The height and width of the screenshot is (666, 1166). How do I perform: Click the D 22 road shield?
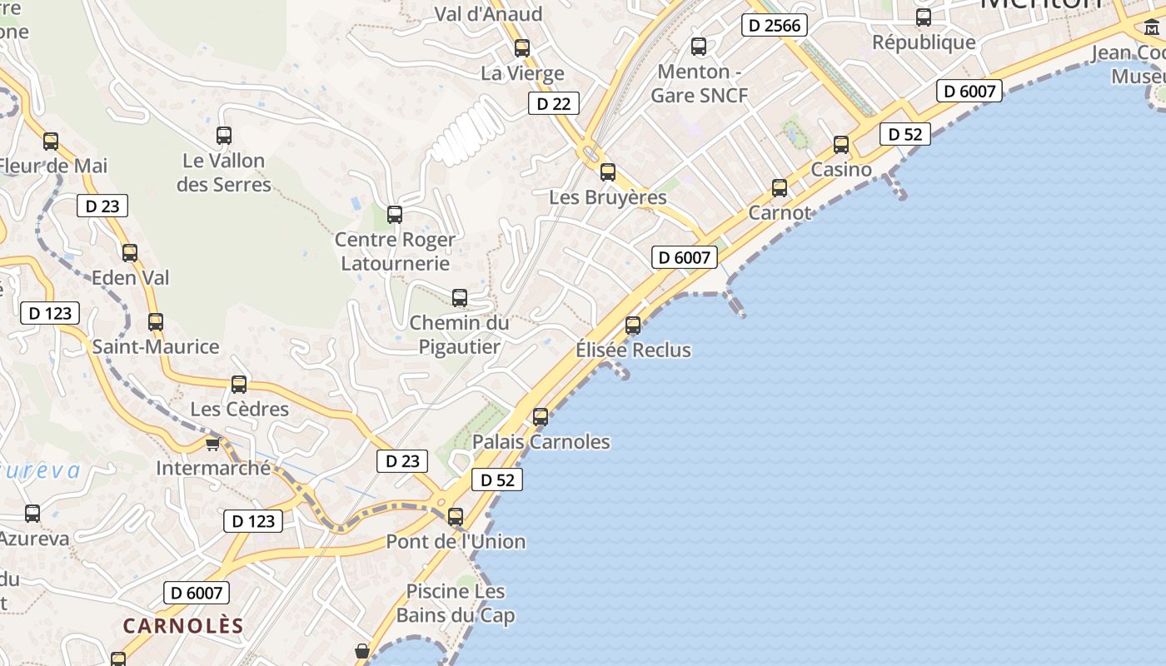click(554, 103)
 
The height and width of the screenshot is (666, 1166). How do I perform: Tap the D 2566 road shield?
click(775, 26)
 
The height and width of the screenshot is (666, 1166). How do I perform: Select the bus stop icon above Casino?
click(841, 144)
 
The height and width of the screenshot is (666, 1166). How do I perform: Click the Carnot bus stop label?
click(780, 212)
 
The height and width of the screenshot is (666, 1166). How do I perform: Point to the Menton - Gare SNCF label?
click(699, 83)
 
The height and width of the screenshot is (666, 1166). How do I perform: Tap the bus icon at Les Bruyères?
click(608, 172)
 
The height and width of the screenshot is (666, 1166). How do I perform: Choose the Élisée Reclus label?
click(633, 350)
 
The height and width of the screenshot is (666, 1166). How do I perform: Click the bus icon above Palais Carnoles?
click(541, 416)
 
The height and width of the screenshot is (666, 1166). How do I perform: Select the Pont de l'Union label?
click(456, 542)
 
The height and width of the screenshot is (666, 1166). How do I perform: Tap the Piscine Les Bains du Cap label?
click(456, 604)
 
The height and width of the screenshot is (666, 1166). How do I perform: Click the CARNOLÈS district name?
click(183, 626)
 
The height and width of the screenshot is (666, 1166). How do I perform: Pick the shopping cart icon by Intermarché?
click(213, 443)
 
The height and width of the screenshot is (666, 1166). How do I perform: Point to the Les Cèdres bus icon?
click(239, 384)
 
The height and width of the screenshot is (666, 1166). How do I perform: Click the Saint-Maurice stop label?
click(156, 346)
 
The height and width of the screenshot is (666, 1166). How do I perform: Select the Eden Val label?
click(130, 277)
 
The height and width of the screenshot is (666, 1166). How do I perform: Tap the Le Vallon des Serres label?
click(224, 172)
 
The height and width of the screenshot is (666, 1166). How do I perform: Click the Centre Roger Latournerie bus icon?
click(395, 215)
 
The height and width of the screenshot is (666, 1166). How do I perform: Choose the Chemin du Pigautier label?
click(459, 335)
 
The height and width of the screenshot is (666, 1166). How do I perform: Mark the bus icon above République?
click(923, 17)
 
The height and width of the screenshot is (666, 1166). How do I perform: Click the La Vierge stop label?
click(522, 73)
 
